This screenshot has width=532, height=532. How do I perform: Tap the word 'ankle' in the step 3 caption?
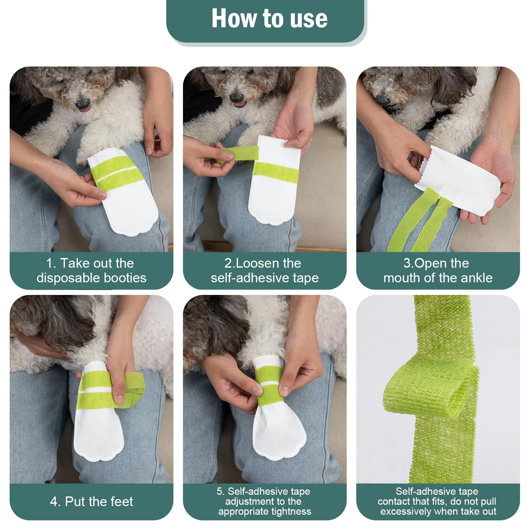pyautogui.click(x=476, y=278)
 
